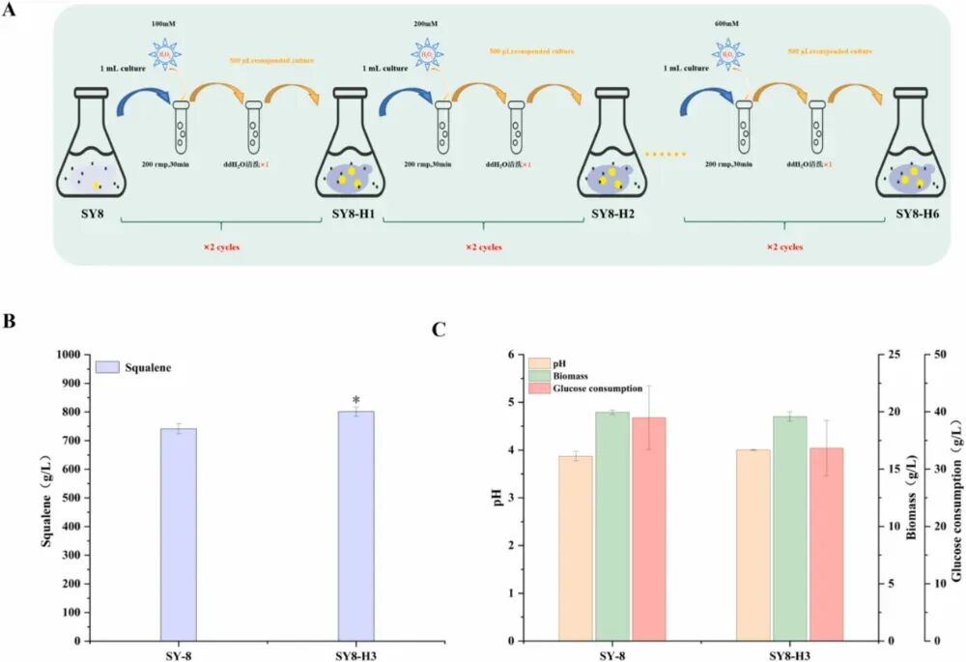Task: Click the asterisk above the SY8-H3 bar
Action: point(355,400)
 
